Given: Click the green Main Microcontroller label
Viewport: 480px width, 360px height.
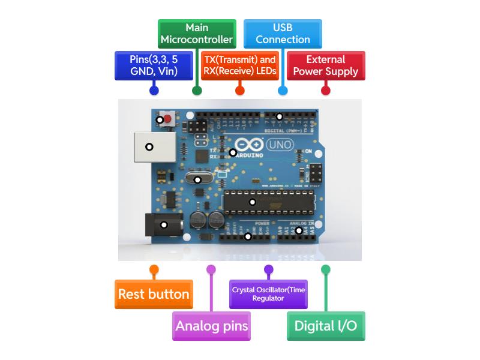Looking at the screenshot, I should click(x=196, y=34).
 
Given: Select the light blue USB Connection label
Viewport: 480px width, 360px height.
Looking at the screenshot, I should click(x=283, y=34).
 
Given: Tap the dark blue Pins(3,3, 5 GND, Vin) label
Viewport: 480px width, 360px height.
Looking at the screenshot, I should click(x=154, y=65).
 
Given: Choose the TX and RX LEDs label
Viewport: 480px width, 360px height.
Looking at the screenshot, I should click(x=239, y=65).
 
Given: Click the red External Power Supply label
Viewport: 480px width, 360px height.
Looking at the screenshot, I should click(x=326, y=65).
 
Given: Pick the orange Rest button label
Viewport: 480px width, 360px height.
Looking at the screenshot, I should click(x=154, y=294).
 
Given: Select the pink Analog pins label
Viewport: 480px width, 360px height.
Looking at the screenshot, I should click(x=211, y=326).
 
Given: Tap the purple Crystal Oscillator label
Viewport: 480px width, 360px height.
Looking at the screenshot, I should click(x=268, y=294).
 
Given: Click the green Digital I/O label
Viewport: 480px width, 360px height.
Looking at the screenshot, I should click(x=326, y=326).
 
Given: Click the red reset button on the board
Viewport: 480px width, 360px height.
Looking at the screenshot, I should click(x=167, y=119).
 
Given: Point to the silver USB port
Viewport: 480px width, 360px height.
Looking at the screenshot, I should click(x=148, y=146).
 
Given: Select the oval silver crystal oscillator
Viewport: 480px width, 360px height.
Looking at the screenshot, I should click(x=197, y=179).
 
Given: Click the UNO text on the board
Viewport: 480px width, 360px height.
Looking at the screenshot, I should click(x=280, y=145).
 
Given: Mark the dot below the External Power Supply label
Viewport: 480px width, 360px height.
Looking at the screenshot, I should click(x=326, y=91).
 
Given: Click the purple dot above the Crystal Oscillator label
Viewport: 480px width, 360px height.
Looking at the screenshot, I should click(x=268, y=269).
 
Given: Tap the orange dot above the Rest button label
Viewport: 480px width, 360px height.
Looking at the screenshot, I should click(x=154, y=269).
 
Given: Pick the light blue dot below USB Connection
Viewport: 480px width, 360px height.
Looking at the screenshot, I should click(x=283, y=91).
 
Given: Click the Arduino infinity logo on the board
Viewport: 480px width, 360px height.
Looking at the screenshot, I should click(x=248, y=145).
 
